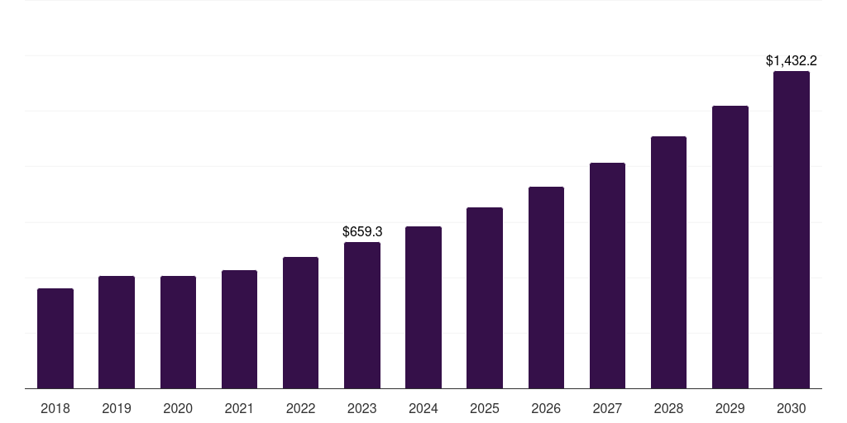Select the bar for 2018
click(x=55, y=339)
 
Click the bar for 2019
click(x=117, y=332)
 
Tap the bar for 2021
click(x=239, y=330)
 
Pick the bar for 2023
click(x=362, y=316)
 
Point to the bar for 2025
click(x=485, y=298)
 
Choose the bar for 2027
click(x=607, y=276)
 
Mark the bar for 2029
click(x=730, y=247)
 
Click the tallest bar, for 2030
click(x=792, y=230)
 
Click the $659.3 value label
click(x=362, y=232)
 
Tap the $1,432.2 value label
click(x=792, y=60)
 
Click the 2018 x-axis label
click(x=55, y=408)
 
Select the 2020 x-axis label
click(x=178, y=408)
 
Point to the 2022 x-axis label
click(x=301, y=408)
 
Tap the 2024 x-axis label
click(x=423, y=408)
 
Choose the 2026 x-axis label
click(x=546, y=408)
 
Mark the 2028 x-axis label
click(x=668, y=408)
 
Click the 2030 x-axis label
click(x=792, y=408)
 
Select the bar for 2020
click(x=178, y=332)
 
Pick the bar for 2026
click(x=546, y=288)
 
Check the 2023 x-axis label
click(x=362, y=408)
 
